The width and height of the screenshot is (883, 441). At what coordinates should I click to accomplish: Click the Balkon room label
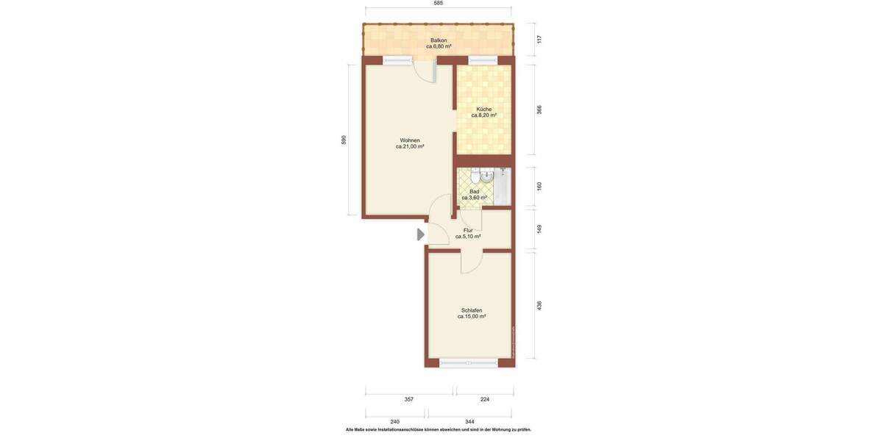click(439, 43)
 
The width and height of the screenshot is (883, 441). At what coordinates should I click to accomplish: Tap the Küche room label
click(483, 112)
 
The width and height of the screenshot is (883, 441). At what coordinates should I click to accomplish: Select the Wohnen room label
click(410, 143)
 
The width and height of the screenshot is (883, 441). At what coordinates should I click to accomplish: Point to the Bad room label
click(474, 194)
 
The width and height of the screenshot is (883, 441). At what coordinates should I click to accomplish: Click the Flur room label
click(468, 233)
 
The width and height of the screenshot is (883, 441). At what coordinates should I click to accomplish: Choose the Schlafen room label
click(472, 313)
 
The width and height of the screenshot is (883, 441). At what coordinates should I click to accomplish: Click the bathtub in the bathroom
click(503, 187)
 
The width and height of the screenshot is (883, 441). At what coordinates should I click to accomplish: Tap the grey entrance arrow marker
click(421, 234)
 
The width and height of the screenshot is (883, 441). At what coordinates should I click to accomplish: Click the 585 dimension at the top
click(439, 4)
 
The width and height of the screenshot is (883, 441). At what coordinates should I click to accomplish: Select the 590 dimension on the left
click(344, 140)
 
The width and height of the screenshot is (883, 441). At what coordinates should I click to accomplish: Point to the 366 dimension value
click(539, 110)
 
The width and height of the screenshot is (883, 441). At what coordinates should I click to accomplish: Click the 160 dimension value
click(539, 187)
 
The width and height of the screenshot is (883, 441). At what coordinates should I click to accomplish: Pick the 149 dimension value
click(539, 229)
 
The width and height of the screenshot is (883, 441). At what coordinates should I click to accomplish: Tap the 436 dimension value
click(539, 305)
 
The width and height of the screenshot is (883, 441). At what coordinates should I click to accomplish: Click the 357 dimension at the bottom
click(409, 399)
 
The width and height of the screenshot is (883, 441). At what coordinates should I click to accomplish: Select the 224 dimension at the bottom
click(484, 399)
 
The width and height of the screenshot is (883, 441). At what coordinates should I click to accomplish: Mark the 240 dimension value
click(395, 422)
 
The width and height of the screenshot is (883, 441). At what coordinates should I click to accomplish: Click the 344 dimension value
click(469, 422)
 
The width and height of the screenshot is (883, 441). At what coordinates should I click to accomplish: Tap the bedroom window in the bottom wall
click(468, 362)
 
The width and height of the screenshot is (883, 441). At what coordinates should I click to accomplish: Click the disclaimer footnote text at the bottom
click(439, 430)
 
